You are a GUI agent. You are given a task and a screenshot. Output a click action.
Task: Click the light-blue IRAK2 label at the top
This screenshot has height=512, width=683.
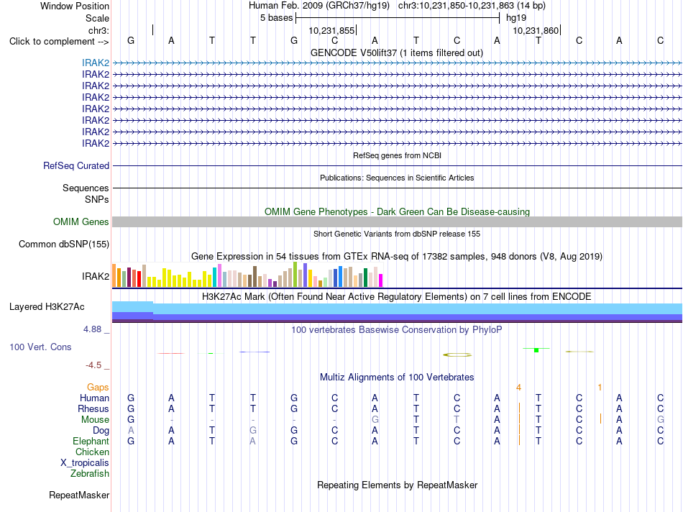point(96,63)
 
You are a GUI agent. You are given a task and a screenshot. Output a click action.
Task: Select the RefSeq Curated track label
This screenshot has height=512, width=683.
point(76,165)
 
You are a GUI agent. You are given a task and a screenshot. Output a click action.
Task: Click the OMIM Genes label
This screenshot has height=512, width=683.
point(81,221)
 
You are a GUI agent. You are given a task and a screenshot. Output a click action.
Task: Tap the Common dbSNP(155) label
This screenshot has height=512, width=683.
point(64,244)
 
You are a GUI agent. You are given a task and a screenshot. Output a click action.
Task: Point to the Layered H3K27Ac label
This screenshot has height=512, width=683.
point(47,307)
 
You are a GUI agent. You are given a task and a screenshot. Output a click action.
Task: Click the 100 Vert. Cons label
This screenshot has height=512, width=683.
point(40,347)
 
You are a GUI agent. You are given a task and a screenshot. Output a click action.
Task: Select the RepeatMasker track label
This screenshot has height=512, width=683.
point(79,495)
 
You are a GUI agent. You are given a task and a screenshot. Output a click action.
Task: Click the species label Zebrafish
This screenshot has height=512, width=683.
point(90,473)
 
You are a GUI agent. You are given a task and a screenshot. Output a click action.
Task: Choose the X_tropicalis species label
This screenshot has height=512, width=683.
point(85,463)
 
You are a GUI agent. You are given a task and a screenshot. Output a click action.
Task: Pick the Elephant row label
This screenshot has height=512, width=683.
point(91,441)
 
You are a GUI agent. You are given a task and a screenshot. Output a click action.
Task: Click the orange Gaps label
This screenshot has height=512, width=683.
point(98,387)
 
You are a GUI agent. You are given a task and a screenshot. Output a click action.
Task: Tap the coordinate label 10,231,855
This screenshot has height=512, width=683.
point(331,30)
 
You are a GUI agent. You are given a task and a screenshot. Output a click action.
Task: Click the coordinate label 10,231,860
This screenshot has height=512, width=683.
point(536,30)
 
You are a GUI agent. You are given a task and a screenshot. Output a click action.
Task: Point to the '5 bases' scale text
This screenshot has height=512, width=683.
point(277,18)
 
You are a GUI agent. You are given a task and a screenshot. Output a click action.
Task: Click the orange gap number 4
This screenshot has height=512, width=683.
point(518,388)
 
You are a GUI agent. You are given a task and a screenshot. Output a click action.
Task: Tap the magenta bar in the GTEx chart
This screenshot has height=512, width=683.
point(381,280)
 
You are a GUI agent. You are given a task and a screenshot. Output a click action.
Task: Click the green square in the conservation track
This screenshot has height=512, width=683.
point(536,350)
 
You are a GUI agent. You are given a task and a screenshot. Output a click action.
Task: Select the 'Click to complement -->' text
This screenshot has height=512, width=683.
point(59,42)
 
